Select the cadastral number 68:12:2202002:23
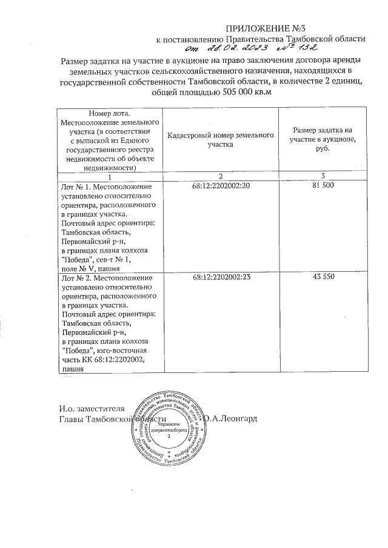pos(221,277)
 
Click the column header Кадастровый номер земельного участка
pos(221,140)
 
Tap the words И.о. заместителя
pos(92,408)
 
